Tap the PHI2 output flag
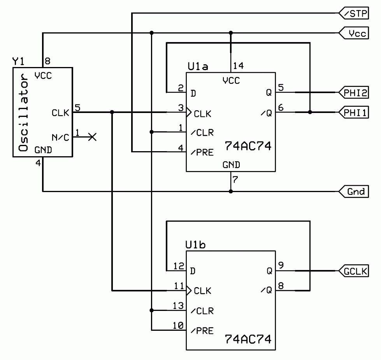[353, 93]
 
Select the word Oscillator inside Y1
[23, 111]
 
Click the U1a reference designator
[198, 67]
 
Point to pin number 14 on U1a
[238, 66]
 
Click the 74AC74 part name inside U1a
[248, 147]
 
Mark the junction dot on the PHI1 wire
[310, 112]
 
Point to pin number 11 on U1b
[178, 286]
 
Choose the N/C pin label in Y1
[60, 137]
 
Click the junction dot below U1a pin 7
[231, 191]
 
